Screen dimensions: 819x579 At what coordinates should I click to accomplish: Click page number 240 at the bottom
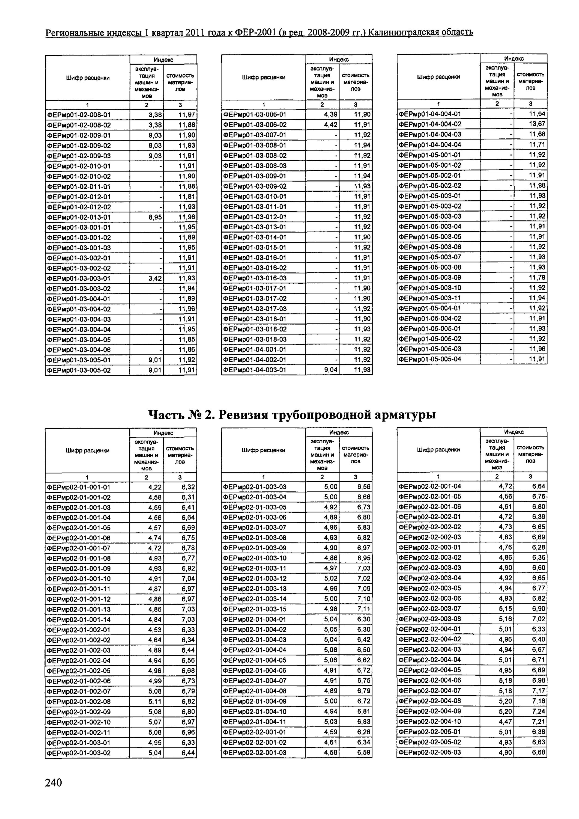click(53, 782)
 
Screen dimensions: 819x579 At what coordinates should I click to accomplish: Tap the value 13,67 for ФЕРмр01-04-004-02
click(537, 124)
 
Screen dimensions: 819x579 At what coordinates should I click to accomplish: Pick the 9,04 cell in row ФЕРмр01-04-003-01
click(330, 370)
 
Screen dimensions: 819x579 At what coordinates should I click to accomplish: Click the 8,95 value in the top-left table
click(155, 217)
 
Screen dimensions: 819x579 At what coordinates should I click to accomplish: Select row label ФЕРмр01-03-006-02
click(255, 125)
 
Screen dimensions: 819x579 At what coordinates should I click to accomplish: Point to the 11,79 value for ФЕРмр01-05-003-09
click(537, 278)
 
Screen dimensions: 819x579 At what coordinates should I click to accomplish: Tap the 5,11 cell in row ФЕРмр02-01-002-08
click(155, 702)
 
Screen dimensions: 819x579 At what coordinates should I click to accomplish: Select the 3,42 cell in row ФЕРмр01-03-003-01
click(155, 278)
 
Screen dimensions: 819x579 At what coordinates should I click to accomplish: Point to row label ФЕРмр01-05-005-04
click(430, 359)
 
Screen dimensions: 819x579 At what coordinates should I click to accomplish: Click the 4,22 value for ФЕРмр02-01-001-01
click(155, 487)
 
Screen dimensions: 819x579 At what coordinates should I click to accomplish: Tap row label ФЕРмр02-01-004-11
click(255, 722)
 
